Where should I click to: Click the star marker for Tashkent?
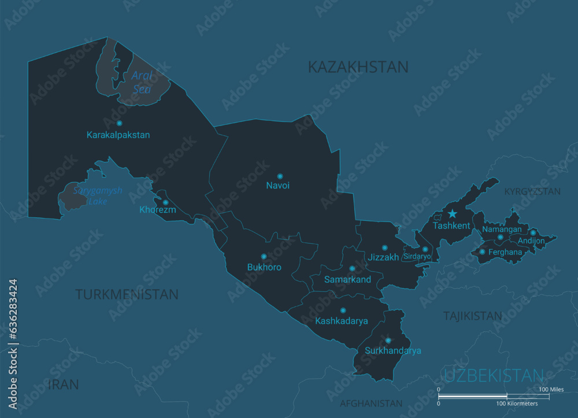coord(452,214)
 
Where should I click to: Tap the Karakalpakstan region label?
coord(118,135)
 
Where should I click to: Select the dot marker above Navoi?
coord(280,176)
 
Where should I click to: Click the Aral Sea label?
coord(142,82)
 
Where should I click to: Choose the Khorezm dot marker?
coord(165,202)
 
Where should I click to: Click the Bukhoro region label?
coord(264,267)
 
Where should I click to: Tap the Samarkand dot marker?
coord(351,268)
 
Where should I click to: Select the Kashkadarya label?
coord(342,321)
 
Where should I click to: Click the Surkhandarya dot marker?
coord(388,341)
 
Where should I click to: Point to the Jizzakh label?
coord(384,257)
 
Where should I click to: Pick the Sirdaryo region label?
coord(417,256)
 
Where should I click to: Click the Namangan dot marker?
coord(501,237)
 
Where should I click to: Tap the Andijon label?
coord(531,241)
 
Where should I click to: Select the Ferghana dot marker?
coord(482,251)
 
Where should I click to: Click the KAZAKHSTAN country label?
coord(358,67)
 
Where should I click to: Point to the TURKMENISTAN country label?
coord(127,294)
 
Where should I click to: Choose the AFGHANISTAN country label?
coord(370,403)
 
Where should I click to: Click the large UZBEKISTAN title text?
coord(494,375)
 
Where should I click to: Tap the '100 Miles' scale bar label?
coord(551,390)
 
